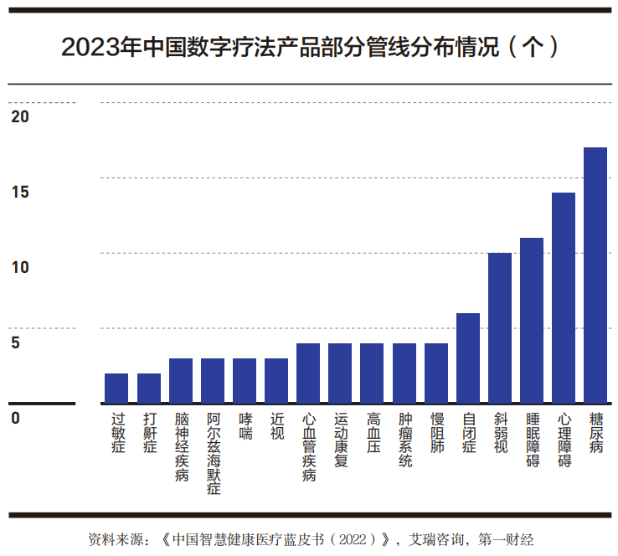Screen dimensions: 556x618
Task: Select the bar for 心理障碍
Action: (x=563, y=299)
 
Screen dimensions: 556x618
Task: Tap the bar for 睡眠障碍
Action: (x=531, y=322)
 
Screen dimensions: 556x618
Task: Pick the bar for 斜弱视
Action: (x=499, y=328)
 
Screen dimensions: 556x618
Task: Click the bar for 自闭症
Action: (x=467, y=358)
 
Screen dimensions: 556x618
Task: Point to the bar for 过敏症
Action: (x=116, y=389)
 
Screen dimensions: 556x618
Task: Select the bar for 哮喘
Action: (x=245, y=381)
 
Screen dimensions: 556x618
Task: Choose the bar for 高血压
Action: (x=372, y=373)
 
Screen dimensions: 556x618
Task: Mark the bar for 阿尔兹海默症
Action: (x=213, y=381)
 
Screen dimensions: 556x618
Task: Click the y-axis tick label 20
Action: (x=20, y=117)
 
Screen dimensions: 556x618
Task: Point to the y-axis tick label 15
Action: (x=20, y=193)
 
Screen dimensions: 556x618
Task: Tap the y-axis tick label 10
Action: (x=20, y=268)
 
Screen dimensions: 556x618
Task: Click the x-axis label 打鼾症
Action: (x=149, y=432)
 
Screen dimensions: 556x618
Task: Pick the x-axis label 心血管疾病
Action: (x=309, y=446)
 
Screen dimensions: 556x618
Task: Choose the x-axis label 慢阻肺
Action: (x=436, y=432)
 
